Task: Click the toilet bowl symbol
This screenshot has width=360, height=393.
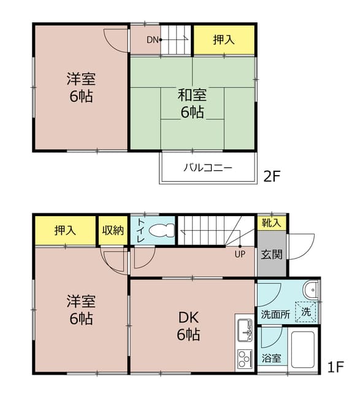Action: tap(162, 230)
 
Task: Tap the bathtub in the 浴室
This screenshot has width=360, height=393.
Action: tap(303, 349)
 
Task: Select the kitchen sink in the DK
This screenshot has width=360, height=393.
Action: tap(245, 330)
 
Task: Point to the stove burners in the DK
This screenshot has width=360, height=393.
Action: tap(245, 359)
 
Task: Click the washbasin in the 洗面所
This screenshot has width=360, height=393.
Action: tap(311, 290)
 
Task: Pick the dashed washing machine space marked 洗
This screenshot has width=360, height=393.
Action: tap(306, 312)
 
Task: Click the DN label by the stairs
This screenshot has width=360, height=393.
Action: tap(153, 40)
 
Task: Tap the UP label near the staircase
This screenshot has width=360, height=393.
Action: tap(240, 254)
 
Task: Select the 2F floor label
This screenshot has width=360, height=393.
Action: tap(272, 176)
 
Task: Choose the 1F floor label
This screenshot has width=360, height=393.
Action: tap(335, 367)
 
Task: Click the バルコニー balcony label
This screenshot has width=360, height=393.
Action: tap(208, 168)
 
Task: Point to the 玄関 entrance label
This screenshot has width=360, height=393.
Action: tap(272, 255)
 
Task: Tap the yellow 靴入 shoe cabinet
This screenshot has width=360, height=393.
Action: tap(272, 223)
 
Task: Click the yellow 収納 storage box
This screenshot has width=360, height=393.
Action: tap(113, 230)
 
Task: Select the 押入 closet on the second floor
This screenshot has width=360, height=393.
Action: tap(224, 40)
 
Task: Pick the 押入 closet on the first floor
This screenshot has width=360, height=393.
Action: tap(66, 230)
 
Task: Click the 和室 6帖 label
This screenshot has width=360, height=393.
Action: tap(193, 103)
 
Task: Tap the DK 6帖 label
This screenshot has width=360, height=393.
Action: tap(188, 326)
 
